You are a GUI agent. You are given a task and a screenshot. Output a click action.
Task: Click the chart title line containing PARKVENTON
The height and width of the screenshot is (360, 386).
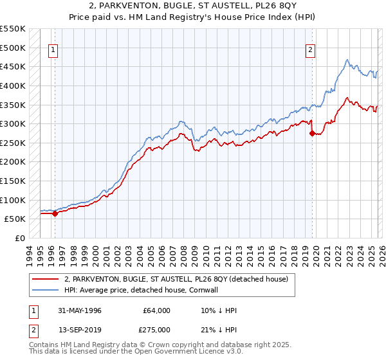tap(193, 6)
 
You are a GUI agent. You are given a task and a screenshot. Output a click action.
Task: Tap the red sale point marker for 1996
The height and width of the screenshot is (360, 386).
tap(55, 214)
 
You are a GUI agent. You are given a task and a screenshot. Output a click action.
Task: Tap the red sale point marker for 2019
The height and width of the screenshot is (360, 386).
tap(313, 134)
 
